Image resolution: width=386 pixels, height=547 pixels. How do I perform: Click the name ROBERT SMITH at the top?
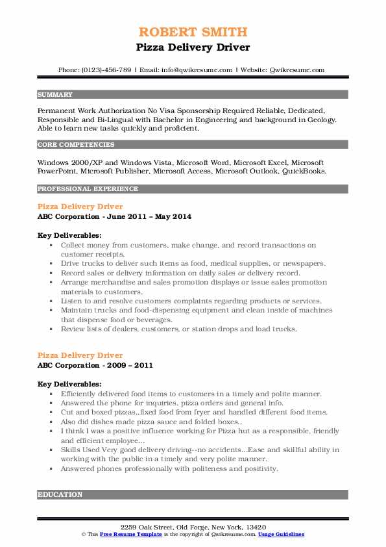tap(193, 32)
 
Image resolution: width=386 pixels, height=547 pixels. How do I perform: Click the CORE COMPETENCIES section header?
tap(71, 144)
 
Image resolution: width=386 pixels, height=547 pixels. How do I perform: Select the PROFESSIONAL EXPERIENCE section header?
tap(88, 189)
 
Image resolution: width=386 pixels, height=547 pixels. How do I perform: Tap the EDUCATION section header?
tap(60, 494)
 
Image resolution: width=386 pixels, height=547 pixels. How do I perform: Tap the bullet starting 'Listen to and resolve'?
tap(182, 301)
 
